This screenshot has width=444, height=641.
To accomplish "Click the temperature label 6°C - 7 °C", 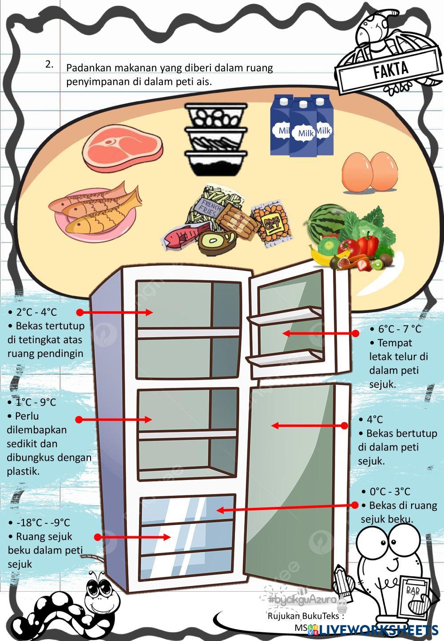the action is [400, 329].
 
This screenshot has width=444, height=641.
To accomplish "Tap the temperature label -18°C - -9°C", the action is [43, 522].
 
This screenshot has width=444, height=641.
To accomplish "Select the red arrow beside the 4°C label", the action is [309, 426].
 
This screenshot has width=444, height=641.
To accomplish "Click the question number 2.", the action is [49, 64].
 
